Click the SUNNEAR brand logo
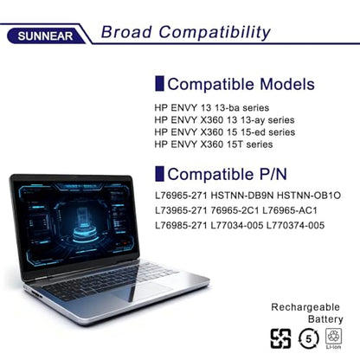[45, 36]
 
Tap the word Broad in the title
[126, 32]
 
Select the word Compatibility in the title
[215, 33]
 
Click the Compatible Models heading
[241, 84]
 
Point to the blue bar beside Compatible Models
[159, 84]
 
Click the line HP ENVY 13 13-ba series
[212, 108]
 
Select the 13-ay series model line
[224, 120]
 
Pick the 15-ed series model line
[225, 132]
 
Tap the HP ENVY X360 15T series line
[214, 145]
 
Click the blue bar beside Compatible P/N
[159, 174]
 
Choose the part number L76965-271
[181, 196]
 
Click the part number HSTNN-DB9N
[242, 196]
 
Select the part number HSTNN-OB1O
[309, 196]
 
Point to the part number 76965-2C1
[235, 210]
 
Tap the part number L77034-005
[237, 225]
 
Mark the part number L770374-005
[295, 225]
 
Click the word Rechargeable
[305, 307]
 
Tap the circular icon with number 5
[308, 338]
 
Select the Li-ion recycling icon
[333, 338]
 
